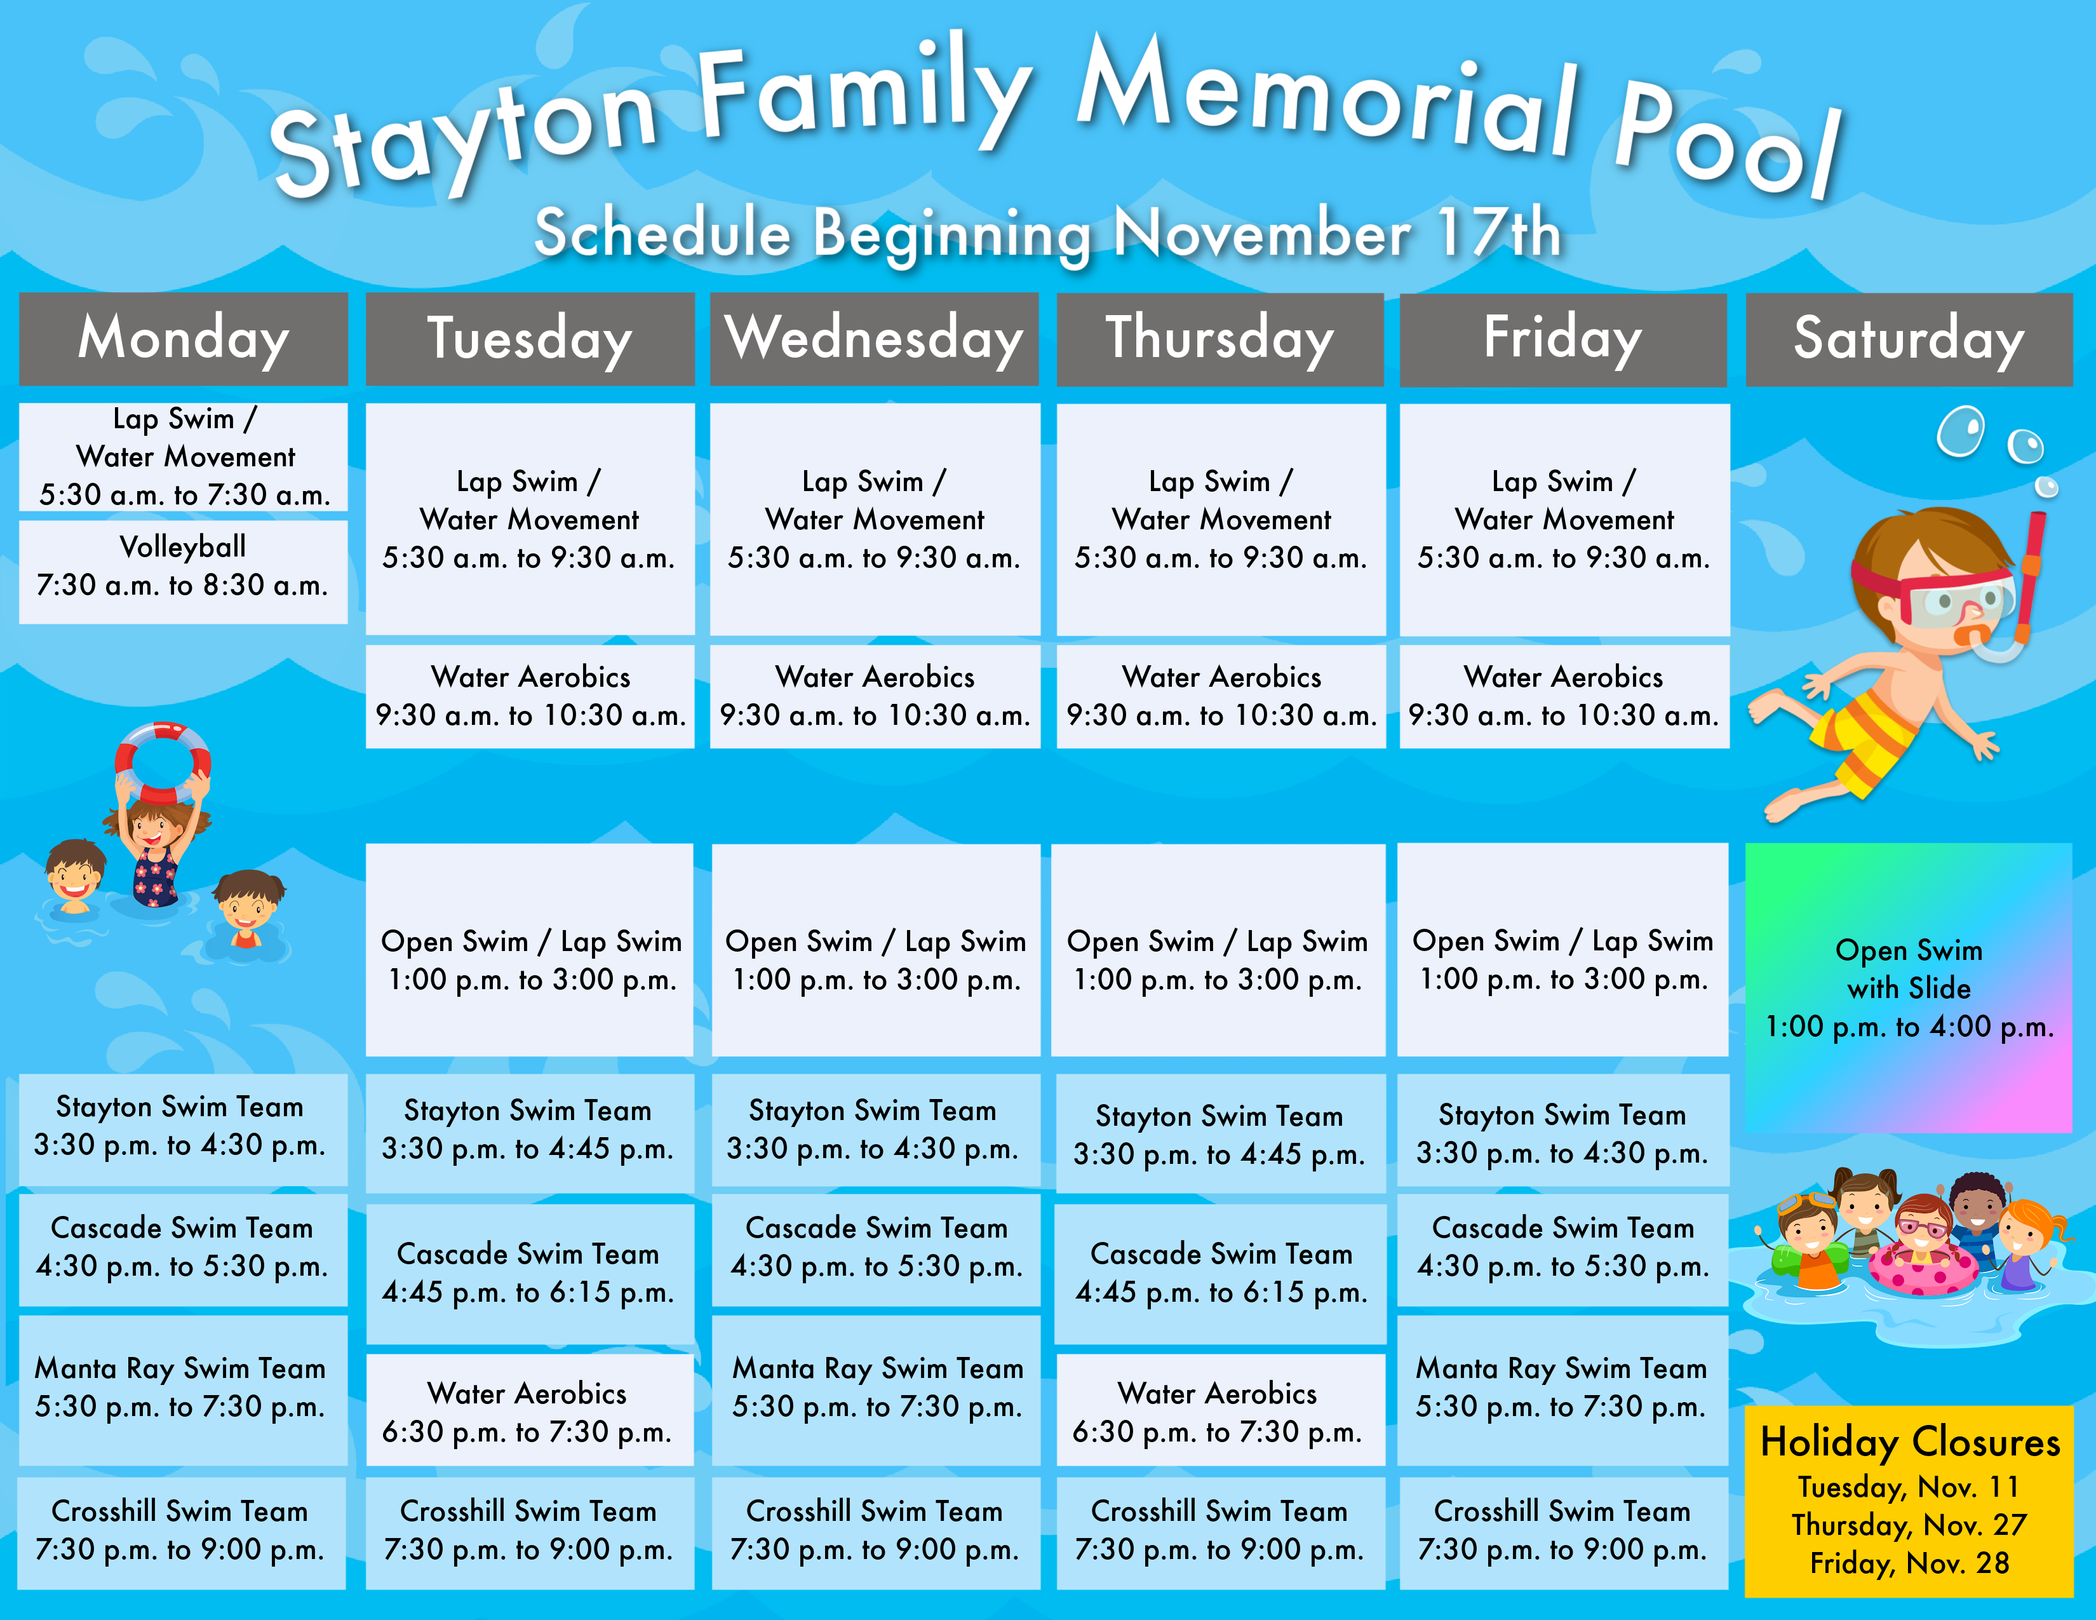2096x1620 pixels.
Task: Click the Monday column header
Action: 184,339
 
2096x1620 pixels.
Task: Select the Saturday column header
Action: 1909,339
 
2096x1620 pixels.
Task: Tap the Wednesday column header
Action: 875,339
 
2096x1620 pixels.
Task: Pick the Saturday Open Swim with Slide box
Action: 1909,987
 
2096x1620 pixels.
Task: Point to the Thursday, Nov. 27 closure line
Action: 1909,1524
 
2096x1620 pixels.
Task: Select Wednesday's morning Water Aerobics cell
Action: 875,696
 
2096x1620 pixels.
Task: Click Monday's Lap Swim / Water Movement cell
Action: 184,457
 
